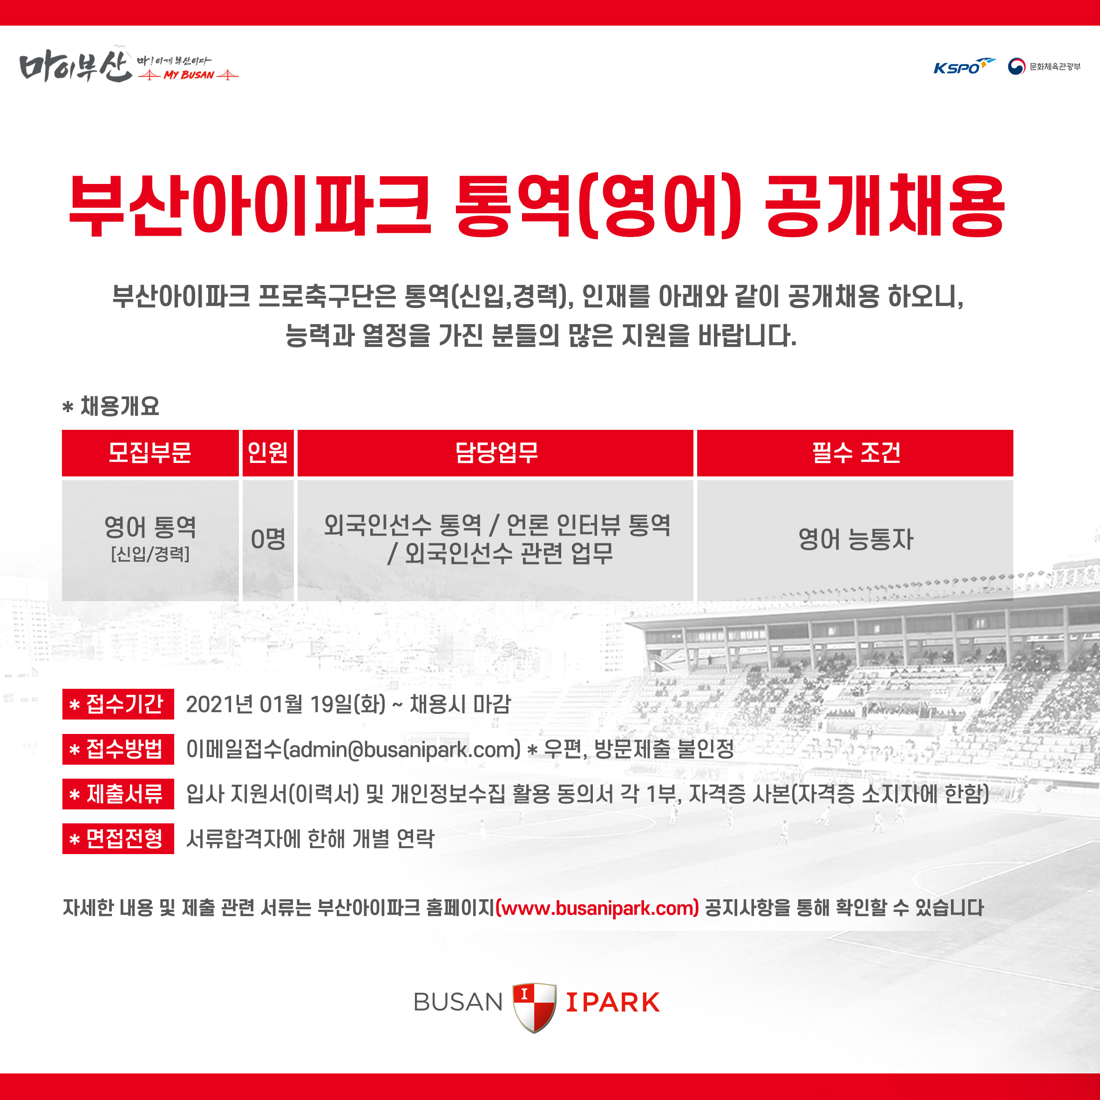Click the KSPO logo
[964, 67]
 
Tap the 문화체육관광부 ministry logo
[1044, 67]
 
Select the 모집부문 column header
[150, 453]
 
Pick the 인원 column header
[268, 453]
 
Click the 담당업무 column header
[496, 453]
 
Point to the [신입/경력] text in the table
[150, 554]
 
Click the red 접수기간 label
[118, 704]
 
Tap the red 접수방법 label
[118, 749]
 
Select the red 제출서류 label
[118, 794]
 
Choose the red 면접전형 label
[118, 839]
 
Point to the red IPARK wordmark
[613, 1003]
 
